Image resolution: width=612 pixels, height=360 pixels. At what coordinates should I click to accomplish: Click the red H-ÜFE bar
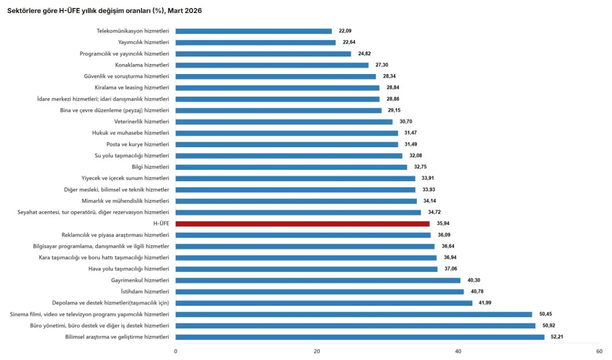(x=302, y=224)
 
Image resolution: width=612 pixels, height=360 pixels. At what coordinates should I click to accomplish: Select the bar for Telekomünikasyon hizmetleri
(x=253, y=31)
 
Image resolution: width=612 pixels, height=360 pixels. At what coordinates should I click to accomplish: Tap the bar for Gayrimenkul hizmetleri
(x=317, y=280)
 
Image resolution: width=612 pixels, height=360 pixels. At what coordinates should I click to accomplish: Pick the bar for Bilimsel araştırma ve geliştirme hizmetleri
(x=360, y=337)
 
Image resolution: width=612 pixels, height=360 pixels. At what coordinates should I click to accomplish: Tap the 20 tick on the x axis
(x=317, y=351)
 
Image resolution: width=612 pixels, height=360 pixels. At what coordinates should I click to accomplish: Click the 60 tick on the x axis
(x=599, y=351)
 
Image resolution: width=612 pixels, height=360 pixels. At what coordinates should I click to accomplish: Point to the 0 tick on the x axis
(x=175, y=351)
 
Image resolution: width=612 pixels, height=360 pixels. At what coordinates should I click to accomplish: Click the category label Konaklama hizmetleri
(x=142, y=65)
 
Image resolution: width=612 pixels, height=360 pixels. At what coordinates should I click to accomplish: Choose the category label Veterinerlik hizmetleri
(x=142, y=121)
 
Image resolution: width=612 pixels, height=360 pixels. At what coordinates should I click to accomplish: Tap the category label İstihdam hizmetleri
(x=144, y=292)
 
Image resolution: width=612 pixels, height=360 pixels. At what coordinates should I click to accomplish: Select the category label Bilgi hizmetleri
(x=150, y=167)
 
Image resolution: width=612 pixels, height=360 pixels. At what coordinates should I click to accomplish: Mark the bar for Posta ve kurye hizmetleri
(x=286, y=144)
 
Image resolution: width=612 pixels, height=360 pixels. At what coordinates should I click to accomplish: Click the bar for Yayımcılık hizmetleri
(x=255, y=43)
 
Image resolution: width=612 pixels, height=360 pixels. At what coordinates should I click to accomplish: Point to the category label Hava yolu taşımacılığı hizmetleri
(x=129, y=269)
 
